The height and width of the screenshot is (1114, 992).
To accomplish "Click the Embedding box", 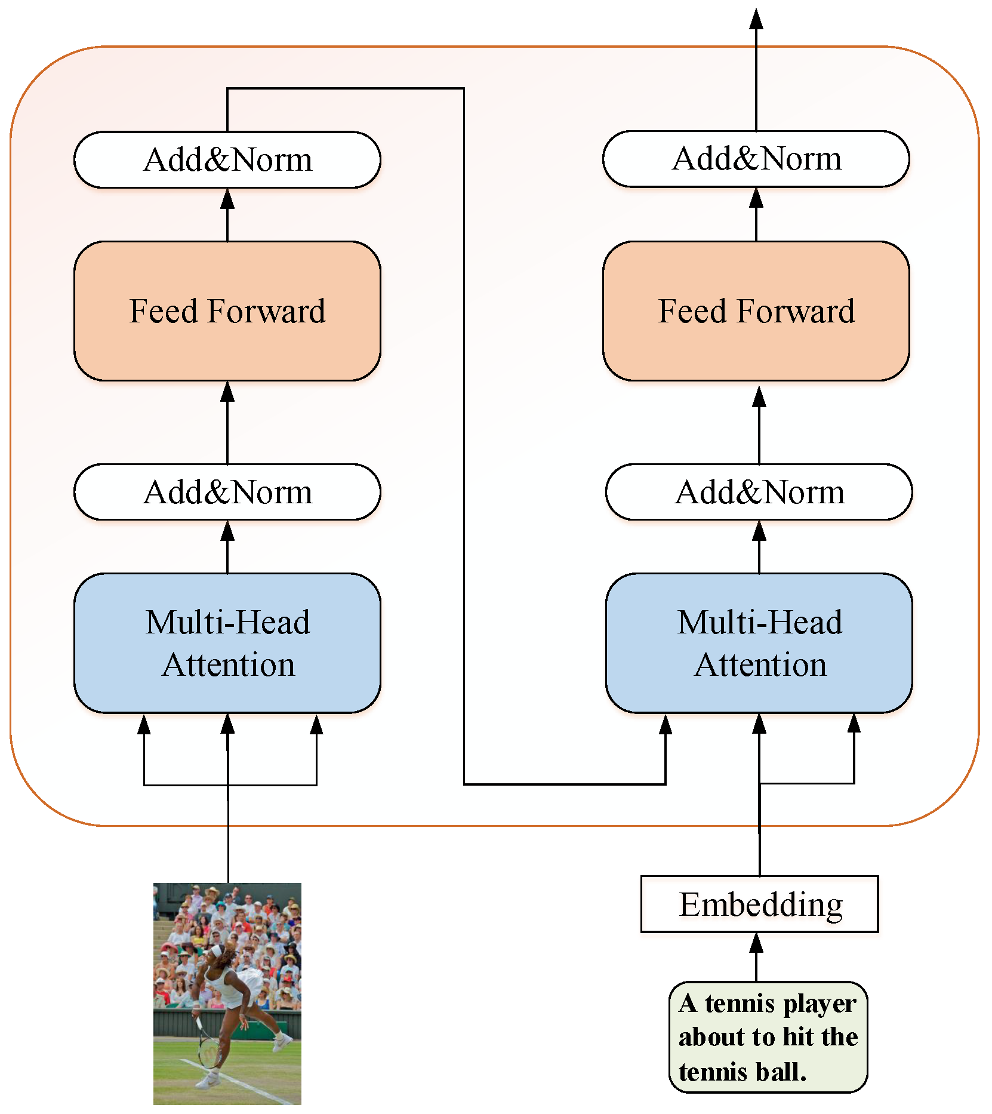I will click(759, 904).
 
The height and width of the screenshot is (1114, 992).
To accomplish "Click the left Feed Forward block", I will click(227, 311).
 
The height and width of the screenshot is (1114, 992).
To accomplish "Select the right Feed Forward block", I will click(756, 311).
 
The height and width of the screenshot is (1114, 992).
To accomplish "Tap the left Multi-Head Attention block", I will click(227, 643).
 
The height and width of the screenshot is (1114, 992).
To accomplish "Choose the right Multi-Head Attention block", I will click(759, 643).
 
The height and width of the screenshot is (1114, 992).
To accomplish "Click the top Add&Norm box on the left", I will click(227, 160).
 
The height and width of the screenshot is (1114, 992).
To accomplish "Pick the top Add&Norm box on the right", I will click(756, 159).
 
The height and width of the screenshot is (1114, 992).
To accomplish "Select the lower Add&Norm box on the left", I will click(227, 492).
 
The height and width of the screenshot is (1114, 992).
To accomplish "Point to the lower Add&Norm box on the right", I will click(759, 492).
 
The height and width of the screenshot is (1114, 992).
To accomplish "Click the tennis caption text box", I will click(768, 1038).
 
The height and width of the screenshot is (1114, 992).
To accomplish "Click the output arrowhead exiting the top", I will click(756, 19).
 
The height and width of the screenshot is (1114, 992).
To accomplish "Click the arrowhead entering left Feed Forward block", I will click(227, 392).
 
